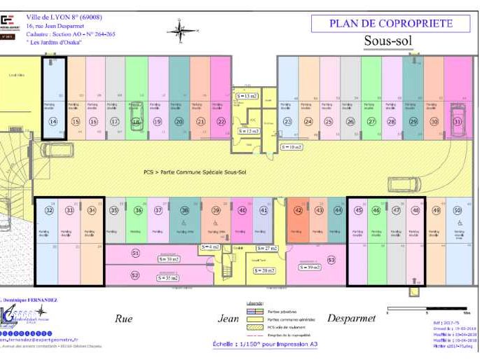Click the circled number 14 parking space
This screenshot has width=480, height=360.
(x=53, y=121)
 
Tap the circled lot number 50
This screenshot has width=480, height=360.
(x=457, y=209)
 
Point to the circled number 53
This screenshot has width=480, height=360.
(x=331, y=260)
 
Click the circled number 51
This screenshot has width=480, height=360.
(x=135, y=253)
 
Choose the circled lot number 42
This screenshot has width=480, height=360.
(x=299, y=209)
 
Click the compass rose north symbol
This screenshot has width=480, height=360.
(x=181, y=30)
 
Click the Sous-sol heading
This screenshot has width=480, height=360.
(x=388, y=41)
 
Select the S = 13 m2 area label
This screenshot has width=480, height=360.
(x=247, y=95)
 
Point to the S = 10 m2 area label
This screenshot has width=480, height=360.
(x=292, y=147)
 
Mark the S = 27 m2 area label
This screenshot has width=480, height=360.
(x=266, y=248)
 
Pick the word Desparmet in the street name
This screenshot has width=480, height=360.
(x=351, y=318)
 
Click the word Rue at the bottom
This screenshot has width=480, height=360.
(x=124, y=318)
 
